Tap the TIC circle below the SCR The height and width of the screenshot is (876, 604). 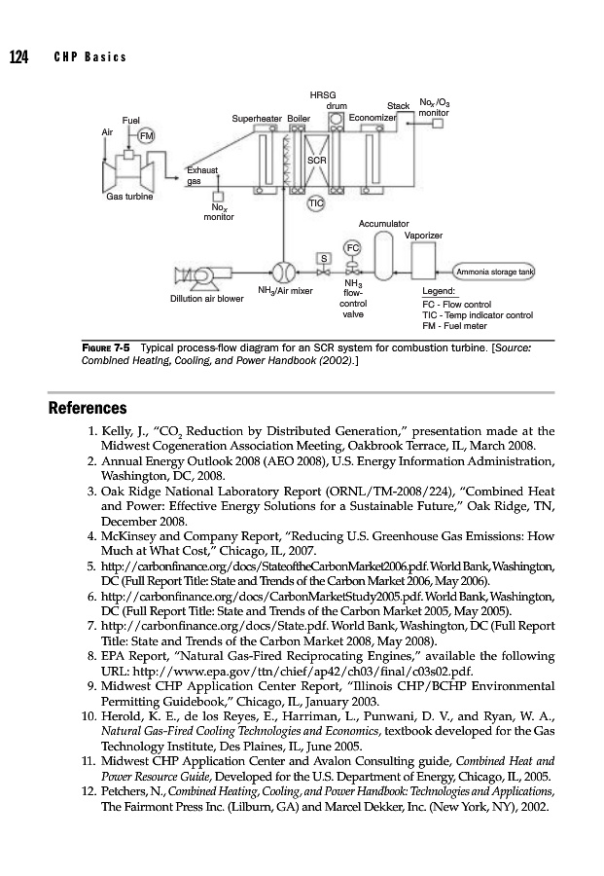pyautogui.click(x=315, y=202)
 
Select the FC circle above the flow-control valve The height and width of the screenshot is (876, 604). pyautogui.click(x=353, y=246)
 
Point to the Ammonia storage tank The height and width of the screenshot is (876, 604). pyautogui.click(x=497, y=272)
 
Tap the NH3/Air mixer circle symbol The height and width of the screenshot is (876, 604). pyautogui.click(x=282, y=271)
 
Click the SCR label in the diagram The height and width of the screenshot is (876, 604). pyautogui.click(x=315, y=159)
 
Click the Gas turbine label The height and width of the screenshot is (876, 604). pyautogui.click(x=129, y=196)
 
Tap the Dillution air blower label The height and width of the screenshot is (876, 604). pyautogui.click(x=207, y=299)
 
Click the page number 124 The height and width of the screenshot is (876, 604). pyautogui.click(x=18, y=56)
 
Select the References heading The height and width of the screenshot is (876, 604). pyautogui.click(x=89, y=407)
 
